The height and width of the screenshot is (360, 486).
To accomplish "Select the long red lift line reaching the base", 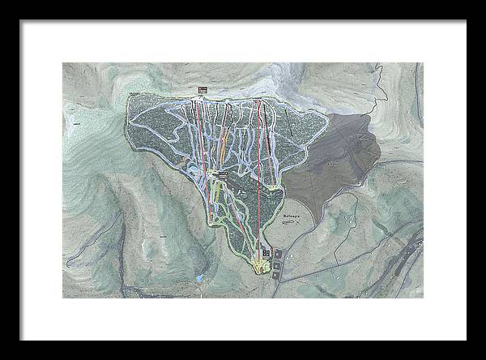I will click(x=260, y=178).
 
